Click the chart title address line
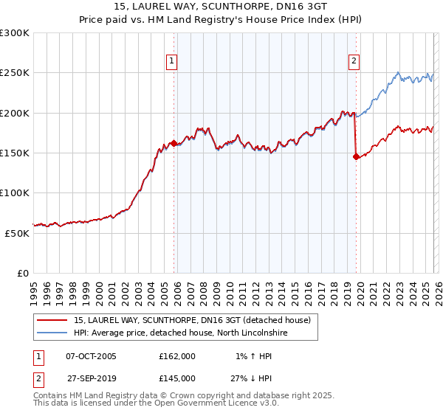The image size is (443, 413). [x=221, y=7]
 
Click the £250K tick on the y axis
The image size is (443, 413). [x=15, y=73]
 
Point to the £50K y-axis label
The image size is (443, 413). [x=17, y=233]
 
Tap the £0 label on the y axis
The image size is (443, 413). [x=24, y=273]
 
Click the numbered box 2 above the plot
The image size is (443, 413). [x=354, y=61]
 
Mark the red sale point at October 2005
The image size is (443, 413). [x=174, y=143]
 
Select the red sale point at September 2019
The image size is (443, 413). [x=356, y=156]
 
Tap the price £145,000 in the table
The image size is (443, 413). [x=176, y=378]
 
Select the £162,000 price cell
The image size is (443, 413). [x=176, y=356]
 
